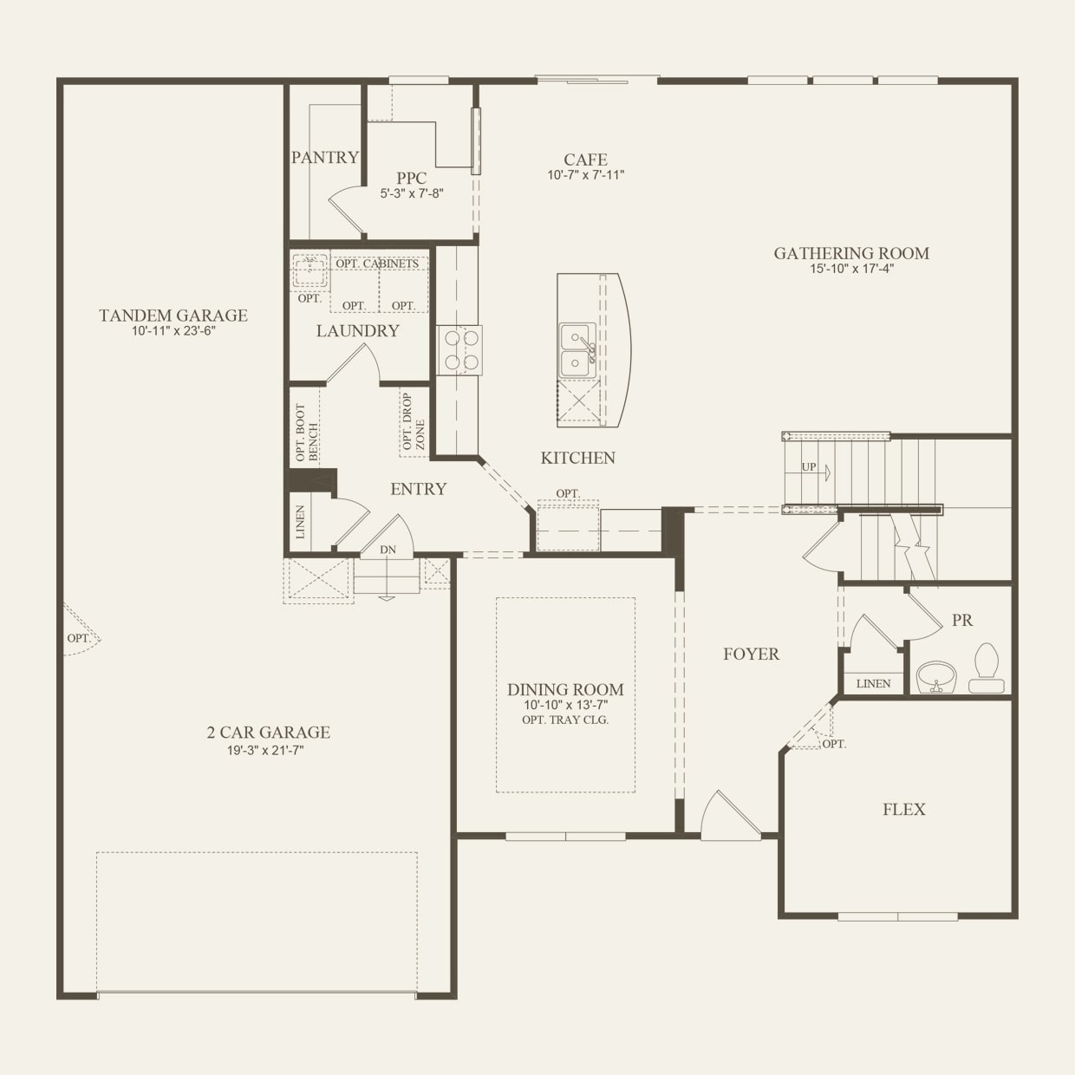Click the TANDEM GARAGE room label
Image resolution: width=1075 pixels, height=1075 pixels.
pyautogui.click(x=173, y=316)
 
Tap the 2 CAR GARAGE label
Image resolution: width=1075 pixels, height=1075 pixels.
pyautogui.click(x=268, y=733)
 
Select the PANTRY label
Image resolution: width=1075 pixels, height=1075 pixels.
pyautogui.click(x=324, y=157)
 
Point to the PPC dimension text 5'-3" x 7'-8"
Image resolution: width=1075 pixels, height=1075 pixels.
pyautogui.click(x=412, y=193)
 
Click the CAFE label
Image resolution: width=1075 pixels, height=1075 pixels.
pyautogui.click(x=585, y=160)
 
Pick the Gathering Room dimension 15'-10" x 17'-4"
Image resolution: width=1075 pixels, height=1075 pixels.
pyautogui.click(x=850, y=269)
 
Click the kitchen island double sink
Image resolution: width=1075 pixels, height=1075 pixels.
pyautogui.click(x=577, y=350)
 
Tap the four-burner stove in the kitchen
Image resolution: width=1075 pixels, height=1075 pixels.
pyautogui.click(x=459, y=350)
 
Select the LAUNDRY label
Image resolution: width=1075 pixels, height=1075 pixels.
pyautogui.click(x=357, y=330)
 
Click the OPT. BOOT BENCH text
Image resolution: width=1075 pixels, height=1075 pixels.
pyautogui.click(x=307, y=432)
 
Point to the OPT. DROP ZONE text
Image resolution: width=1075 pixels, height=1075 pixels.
pyautogui.click(x=414, y=422)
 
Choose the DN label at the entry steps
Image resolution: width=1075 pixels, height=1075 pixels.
pyautogui.click(x=388, y=550)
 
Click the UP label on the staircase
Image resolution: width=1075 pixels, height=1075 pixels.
pyautogui.click(x=809, y=467)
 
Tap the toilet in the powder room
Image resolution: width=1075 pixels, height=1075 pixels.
pyautogui.click(x=986, y=668)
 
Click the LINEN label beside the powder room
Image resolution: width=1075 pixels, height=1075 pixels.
pyautogui.click(x=873, y=683)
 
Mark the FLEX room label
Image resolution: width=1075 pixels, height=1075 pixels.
pyautogui.click(x=903, y=810)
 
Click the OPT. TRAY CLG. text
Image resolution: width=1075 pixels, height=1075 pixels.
pyautogui.click(x=565, y=720)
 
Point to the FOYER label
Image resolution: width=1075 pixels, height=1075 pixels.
pyautogui.click(x=751, y=655)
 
